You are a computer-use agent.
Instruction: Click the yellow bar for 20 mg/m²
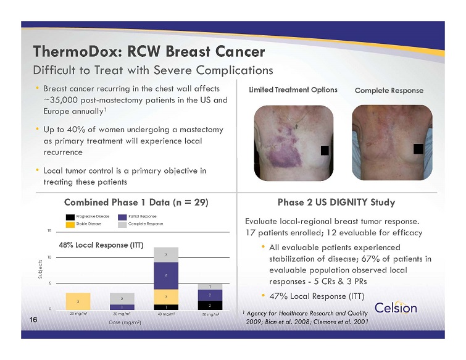(78, 301)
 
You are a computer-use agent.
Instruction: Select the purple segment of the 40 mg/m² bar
(166, 276)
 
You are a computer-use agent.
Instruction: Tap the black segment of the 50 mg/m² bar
(210, 305)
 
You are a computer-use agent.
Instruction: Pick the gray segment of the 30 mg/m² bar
(122, 298)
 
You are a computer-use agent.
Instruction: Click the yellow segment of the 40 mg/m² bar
(166, 297)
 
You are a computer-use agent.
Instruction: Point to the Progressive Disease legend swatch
(70, 217)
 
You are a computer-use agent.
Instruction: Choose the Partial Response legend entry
(137, 217)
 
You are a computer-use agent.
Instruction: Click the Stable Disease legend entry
(83, 224)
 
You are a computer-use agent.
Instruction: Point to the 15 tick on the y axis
(49, 231)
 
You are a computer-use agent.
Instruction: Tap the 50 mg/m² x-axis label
(210, 314)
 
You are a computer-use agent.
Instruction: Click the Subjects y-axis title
(40, 269)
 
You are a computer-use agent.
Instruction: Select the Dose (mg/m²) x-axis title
(125, 322)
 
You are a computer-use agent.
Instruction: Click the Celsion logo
(396, 308)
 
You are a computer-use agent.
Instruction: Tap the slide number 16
(33, 320)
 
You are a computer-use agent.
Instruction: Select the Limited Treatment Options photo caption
(293, 90)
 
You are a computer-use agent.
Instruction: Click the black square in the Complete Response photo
(418, 149)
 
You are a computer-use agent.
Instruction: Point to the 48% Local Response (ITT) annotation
(101, 245)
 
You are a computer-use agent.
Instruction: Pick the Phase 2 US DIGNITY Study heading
(336, 203)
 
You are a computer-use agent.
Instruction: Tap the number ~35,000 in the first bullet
(61, 100)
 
